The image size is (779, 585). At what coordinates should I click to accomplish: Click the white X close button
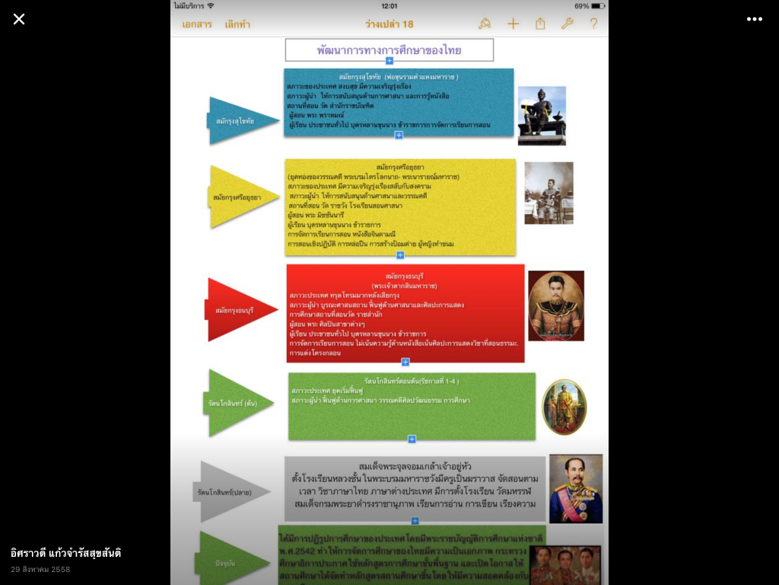(x=19, y=19)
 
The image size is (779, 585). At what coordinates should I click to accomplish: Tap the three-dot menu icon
(x=754, y=19)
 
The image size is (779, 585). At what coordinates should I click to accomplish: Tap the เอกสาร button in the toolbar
(x=197, y=24)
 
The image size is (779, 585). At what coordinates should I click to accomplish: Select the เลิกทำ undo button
(x=237, y=24)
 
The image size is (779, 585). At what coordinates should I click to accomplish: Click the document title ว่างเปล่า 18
(x=389, y=24)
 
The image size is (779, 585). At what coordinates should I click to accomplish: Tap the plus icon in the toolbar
(x=513, y=24)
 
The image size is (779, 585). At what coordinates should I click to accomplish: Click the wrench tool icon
(x=567, y=24)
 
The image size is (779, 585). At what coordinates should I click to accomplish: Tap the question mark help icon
(x=593, y=24)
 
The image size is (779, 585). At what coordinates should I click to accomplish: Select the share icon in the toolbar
(x=540, y=24)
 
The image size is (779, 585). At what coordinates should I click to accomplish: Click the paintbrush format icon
(x=485, y=24)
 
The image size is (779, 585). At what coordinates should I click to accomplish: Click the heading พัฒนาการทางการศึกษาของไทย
(x=389, y=50)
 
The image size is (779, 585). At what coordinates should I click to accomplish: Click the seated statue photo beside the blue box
(x=542, y=116)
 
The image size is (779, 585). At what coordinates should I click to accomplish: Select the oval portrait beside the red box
(x=556, y=305)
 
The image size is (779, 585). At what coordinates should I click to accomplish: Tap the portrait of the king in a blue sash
(x=575, y=488)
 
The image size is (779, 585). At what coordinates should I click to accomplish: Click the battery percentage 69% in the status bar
(x=581, y=5)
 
